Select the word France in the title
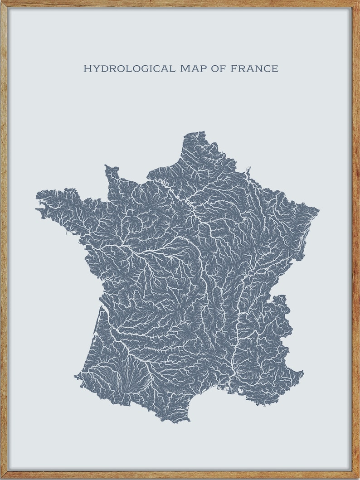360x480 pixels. coord(254,69)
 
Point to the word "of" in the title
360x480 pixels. coord(219,69)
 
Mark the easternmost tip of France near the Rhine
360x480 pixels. coord(318,210)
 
